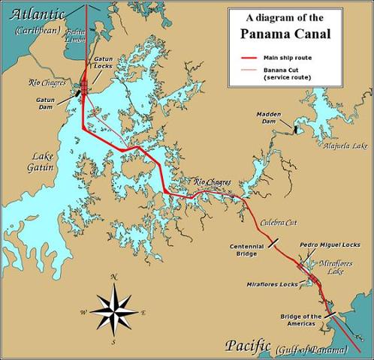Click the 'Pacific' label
coord(248,346)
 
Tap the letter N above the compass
coord(113,277)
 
